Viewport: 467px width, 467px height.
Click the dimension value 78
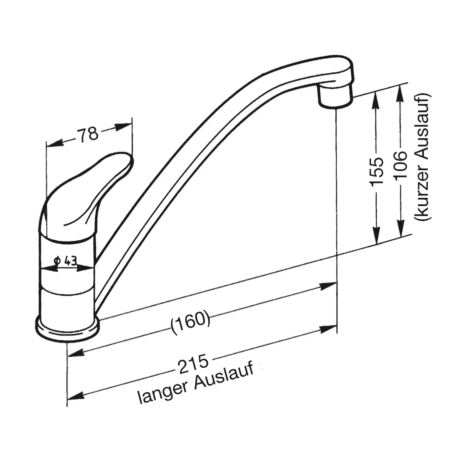88,135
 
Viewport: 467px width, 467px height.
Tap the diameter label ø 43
65,261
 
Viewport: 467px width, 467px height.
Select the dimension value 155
376,171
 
